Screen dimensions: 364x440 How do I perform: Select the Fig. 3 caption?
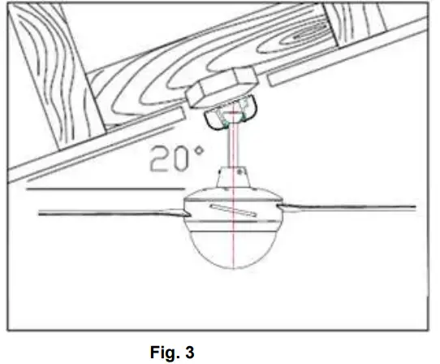pyautogui.click(x=171, y=352)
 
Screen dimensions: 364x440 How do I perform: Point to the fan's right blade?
pyautogui.click(x=349, y=208)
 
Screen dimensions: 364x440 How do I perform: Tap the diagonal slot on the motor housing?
pyautogui.click(x=228, y=211)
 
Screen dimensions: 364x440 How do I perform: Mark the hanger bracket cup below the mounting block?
pyautogui.click(x=231, y=116)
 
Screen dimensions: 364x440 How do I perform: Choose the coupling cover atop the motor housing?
pyautogui.click(x=233, y=176)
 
